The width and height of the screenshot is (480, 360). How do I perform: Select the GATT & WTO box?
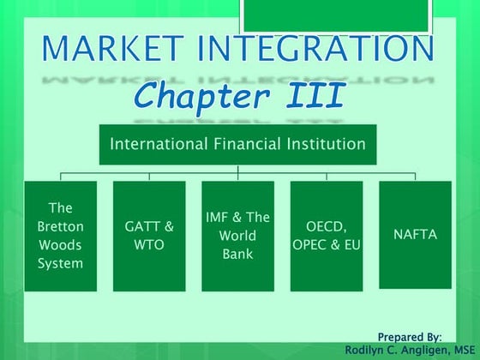[x=149, y=236]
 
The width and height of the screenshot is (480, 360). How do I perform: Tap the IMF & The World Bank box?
[x=237, y=236]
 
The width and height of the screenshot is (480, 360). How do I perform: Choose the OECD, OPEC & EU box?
[x=327, y=236]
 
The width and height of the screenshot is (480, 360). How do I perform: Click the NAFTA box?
[x=415, y=236]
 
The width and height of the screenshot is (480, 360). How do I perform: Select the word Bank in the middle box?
[x=237, y=254]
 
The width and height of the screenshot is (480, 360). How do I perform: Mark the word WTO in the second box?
[x=149, y=245]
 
